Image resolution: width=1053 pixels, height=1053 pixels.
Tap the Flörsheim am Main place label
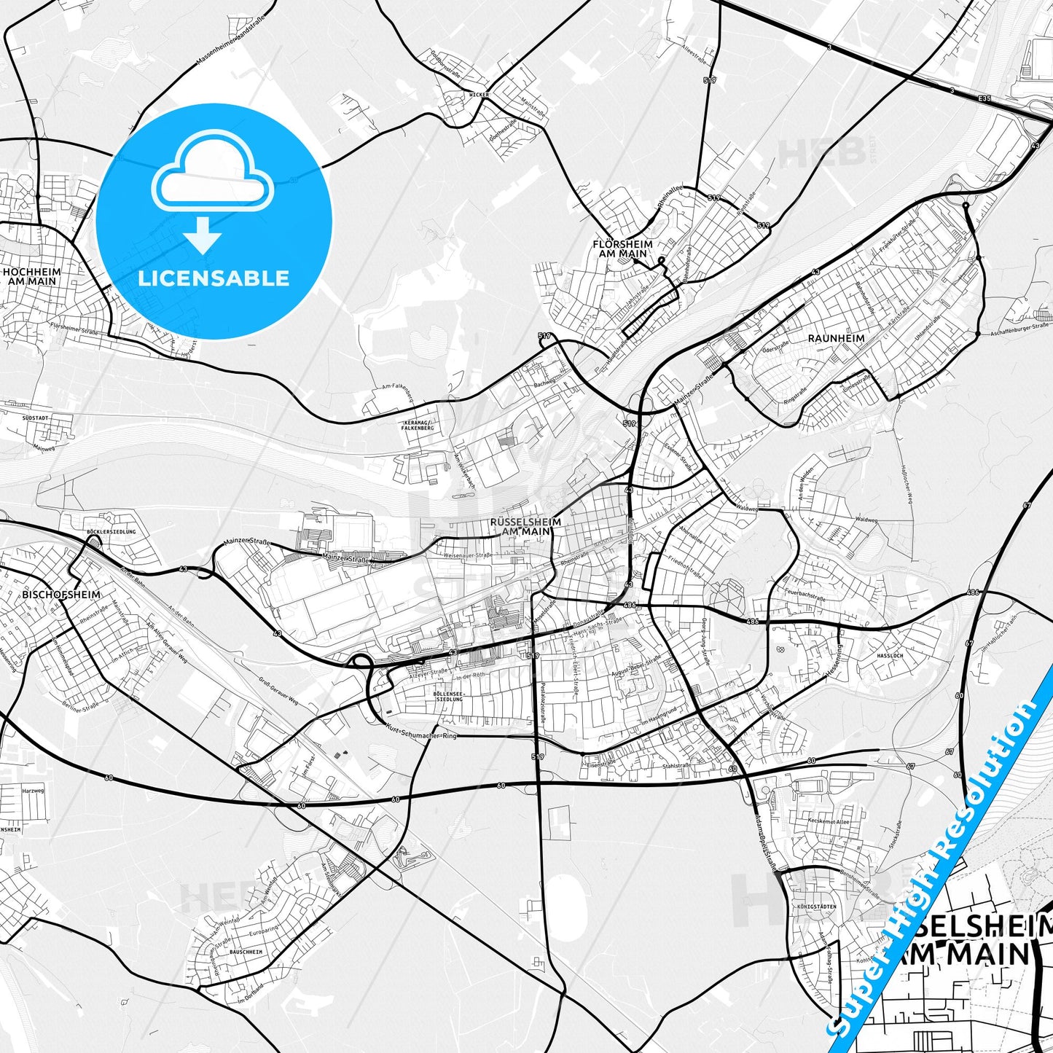(x=622, y=248)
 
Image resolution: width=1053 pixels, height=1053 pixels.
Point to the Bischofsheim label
(x=61, y=595)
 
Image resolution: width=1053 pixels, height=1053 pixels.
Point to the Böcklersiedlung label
(x=111, y=533)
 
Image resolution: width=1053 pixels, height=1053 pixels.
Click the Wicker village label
(x=479, y=95)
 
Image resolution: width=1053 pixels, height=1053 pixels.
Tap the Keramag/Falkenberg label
(x=418, y=425)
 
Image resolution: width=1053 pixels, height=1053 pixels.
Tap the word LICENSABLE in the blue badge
(x=214, y=278)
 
